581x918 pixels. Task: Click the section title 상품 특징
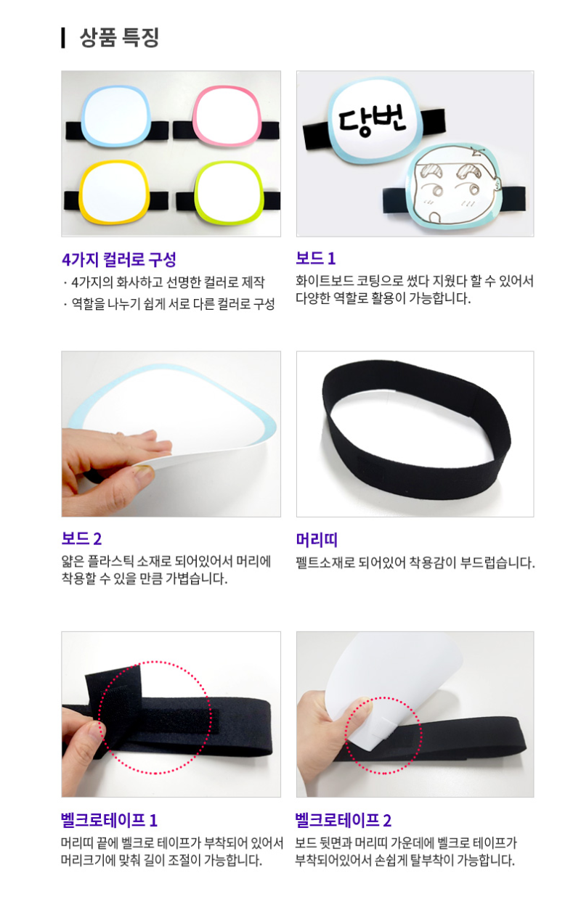point(119,38)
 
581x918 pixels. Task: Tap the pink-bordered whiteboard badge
point(227,118)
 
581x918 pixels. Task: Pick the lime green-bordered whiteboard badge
point(228,192)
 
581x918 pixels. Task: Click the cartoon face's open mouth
point(433,216)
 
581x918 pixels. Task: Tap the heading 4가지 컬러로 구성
point(119,259)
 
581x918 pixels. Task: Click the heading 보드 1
point(316,258)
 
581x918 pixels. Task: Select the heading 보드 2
point(81,538)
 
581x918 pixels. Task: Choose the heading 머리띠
point(317,540)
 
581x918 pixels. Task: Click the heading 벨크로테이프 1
point(110,820)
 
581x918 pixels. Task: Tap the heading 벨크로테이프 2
point(344,820)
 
